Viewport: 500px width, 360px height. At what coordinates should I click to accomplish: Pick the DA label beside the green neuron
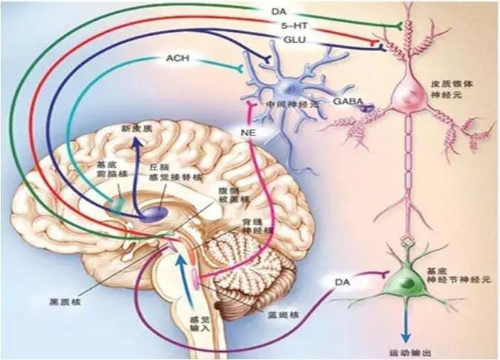coord(342,281)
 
